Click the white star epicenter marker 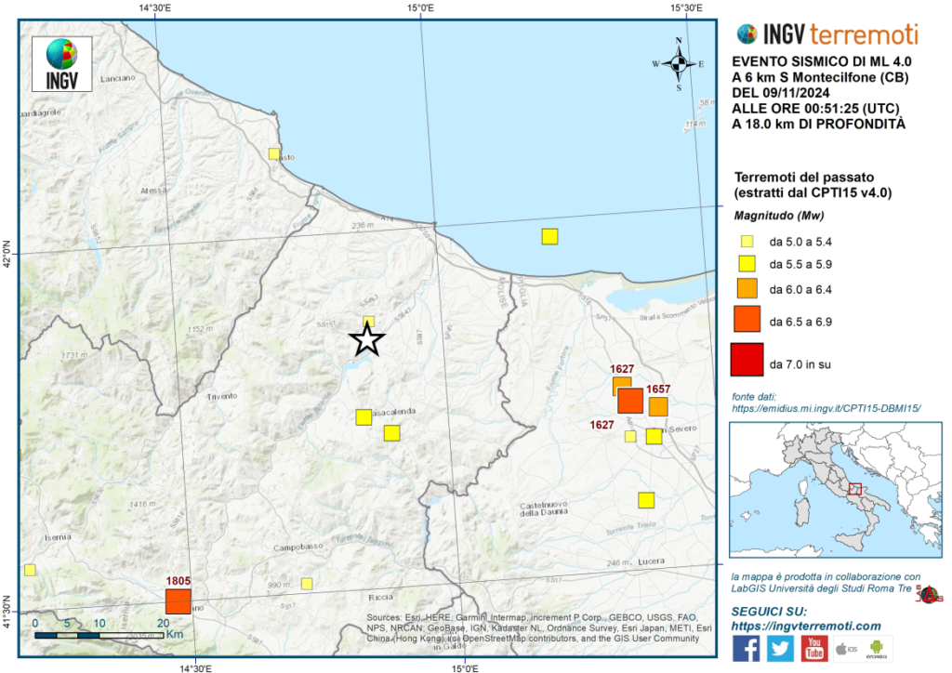(367, 340)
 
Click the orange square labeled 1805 (178, 600)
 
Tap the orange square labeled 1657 (658, 406)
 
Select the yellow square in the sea (549, 236)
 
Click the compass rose (679, 63)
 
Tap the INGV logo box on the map (61, 63)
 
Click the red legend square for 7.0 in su (746, 359)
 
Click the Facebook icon (746, 648)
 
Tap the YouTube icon (814, 648)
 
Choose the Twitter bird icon (780, 648)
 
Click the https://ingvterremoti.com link (806, 627)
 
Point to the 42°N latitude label (8, 254)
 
